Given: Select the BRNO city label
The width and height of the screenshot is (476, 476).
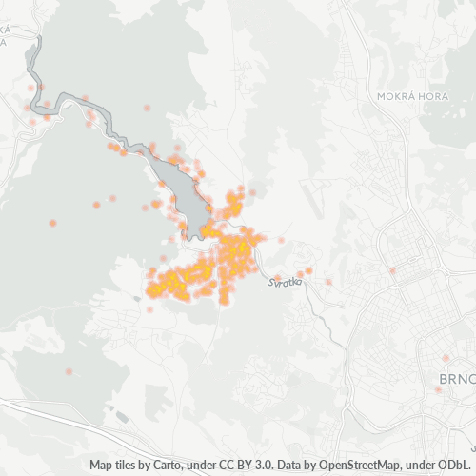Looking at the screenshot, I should (x=456, y=380).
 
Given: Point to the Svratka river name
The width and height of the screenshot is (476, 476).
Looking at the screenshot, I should (x=285, y=280).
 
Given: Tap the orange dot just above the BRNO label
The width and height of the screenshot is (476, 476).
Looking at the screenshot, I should (x=445, y=358).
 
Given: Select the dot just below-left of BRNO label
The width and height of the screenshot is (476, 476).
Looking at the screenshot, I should (x=438, y=388).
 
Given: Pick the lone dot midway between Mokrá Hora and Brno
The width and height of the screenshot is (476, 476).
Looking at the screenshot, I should (x=391, y=270).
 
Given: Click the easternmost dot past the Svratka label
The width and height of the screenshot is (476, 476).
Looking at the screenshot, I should (x=328, y=281).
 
